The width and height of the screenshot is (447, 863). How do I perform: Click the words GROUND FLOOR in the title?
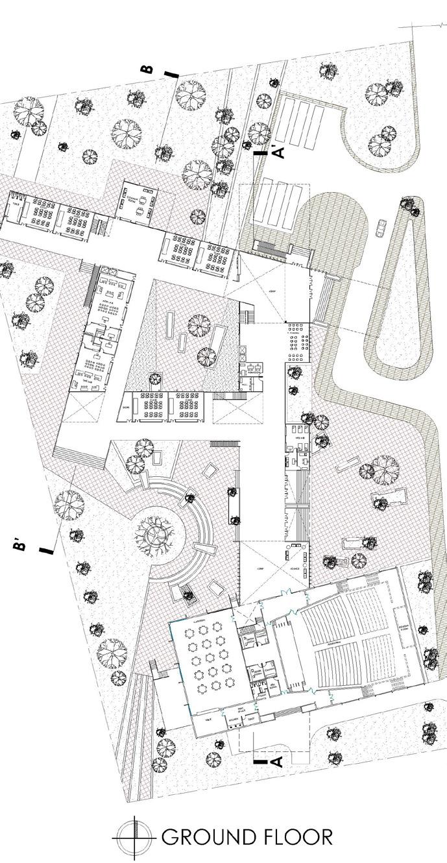click(x=247, y=837)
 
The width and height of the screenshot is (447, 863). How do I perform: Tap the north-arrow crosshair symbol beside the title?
click(x=134, y=837)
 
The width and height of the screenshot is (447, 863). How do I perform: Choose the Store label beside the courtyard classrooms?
click(x=125, y=407)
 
